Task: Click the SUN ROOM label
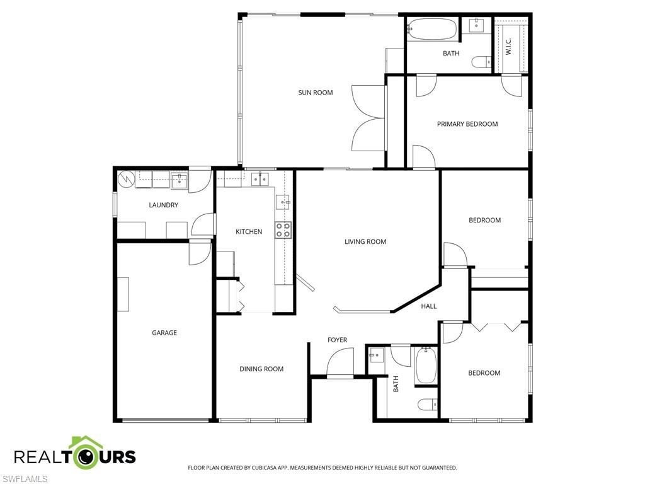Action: click(x=315, y=93)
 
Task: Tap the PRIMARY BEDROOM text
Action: click(x=467, y=124)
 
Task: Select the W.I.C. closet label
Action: click(x=508, y=46)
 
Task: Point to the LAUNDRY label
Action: click(x=163, y=205)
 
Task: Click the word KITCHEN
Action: click(x=249, y=232)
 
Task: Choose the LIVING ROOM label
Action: click(x=365, y=241)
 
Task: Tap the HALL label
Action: click(x=429, y=306)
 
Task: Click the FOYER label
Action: click(x=337, y=340)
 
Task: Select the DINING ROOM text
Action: click(x=261, y=369)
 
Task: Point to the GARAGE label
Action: click(x=164, y=333)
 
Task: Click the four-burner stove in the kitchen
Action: click(x=283, y=230)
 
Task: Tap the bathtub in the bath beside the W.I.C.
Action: click(x=432, y=28)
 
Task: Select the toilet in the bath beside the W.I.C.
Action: click(x=484, y=62)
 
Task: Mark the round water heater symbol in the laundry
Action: click(x=127, y=179)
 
